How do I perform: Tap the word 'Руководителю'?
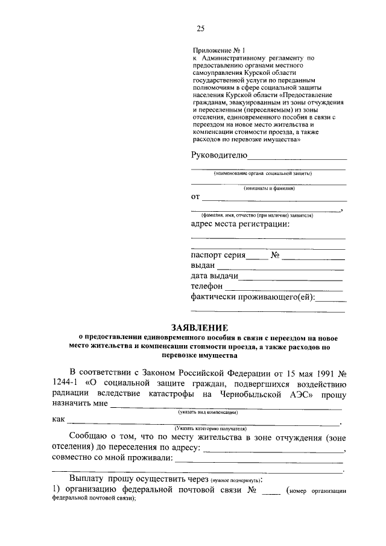[x=219, y=155]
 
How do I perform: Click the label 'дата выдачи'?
[x=215, y=276]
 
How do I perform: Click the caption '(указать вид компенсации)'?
[x=206, y=412]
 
